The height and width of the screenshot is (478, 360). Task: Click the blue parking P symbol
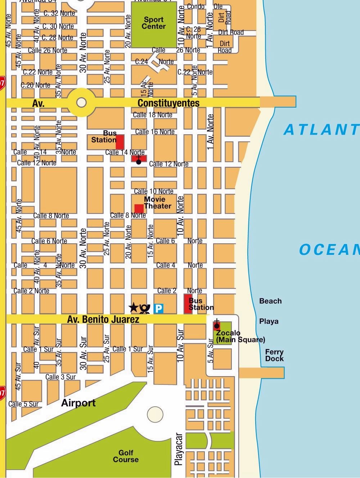(158, 308)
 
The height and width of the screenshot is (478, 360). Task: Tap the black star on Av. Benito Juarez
(134, 307)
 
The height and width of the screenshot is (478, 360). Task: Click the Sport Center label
(154, 23)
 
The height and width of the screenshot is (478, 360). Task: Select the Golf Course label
(126, 456)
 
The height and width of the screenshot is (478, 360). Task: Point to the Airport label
(78, 403)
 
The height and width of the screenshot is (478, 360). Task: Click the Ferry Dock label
(274, 355)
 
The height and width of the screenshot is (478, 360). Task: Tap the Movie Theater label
(157, 203)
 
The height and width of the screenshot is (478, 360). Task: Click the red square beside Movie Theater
(139, 209)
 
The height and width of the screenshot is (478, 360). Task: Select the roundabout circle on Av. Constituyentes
(82, 103)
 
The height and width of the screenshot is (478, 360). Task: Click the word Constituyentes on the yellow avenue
(168, 103)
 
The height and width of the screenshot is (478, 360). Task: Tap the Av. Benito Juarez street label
(103, 319)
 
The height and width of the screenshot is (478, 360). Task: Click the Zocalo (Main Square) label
(240, 336)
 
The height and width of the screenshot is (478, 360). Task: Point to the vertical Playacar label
(179, 450)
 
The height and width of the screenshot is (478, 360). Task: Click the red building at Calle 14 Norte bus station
(120, 142)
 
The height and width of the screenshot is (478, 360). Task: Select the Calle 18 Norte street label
(153, 115)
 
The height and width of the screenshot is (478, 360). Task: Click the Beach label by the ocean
(270, 301)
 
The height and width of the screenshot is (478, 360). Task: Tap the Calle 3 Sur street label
(60, 377)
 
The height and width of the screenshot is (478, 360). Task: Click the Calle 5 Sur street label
(23, 404)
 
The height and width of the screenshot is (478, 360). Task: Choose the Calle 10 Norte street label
(154, 191)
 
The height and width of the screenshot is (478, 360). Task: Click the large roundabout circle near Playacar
(155, 414)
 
